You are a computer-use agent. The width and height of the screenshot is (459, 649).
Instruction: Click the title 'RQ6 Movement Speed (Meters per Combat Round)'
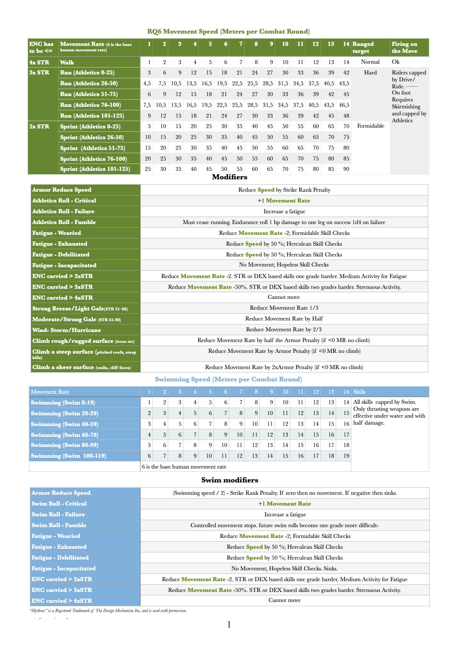(228, 32)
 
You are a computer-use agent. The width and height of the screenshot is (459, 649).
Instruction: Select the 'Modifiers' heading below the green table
(229, 177)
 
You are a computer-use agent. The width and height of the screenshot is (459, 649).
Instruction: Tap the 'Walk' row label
(67, 62)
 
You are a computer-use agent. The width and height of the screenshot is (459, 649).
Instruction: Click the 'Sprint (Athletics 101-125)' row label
(95, 169)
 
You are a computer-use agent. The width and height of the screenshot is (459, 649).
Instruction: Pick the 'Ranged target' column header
(363, 47)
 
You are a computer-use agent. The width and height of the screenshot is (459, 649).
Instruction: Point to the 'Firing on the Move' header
(404, 47)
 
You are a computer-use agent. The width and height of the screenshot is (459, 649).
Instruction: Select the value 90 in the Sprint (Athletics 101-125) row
(346, 169)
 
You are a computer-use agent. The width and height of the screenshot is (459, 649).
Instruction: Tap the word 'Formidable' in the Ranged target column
(370, 126)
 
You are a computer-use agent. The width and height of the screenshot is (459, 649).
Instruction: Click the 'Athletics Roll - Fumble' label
(64, 222)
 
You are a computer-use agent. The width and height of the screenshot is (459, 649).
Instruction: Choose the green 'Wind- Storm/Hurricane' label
(67, 330)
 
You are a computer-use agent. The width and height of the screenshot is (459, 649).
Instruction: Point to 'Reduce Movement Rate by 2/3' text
(283, 329)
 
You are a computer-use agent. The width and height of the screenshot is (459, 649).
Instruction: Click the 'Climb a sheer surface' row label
(81, 367)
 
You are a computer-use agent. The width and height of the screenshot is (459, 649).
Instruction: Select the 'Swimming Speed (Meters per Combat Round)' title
(228, 379)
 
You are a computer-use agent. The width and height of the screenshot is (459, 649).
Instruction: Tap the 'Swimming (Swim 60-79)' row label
(64, 435)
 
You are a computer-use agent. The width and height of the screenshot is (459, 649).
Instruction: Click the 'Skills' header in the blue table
(359, 392)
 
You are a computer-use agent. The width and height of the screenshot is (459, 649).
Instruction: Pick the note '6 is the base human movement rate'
(184, 467)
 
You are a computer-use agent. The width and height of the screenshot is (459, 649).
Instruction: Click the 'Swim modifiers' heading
(229, 480)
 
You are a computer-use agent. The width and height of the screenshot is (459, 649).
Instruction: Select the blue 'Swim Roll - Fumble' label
(59, 525)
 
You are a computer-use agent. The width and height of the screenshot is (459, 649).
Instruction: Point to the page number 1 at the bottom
(229, 624)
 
